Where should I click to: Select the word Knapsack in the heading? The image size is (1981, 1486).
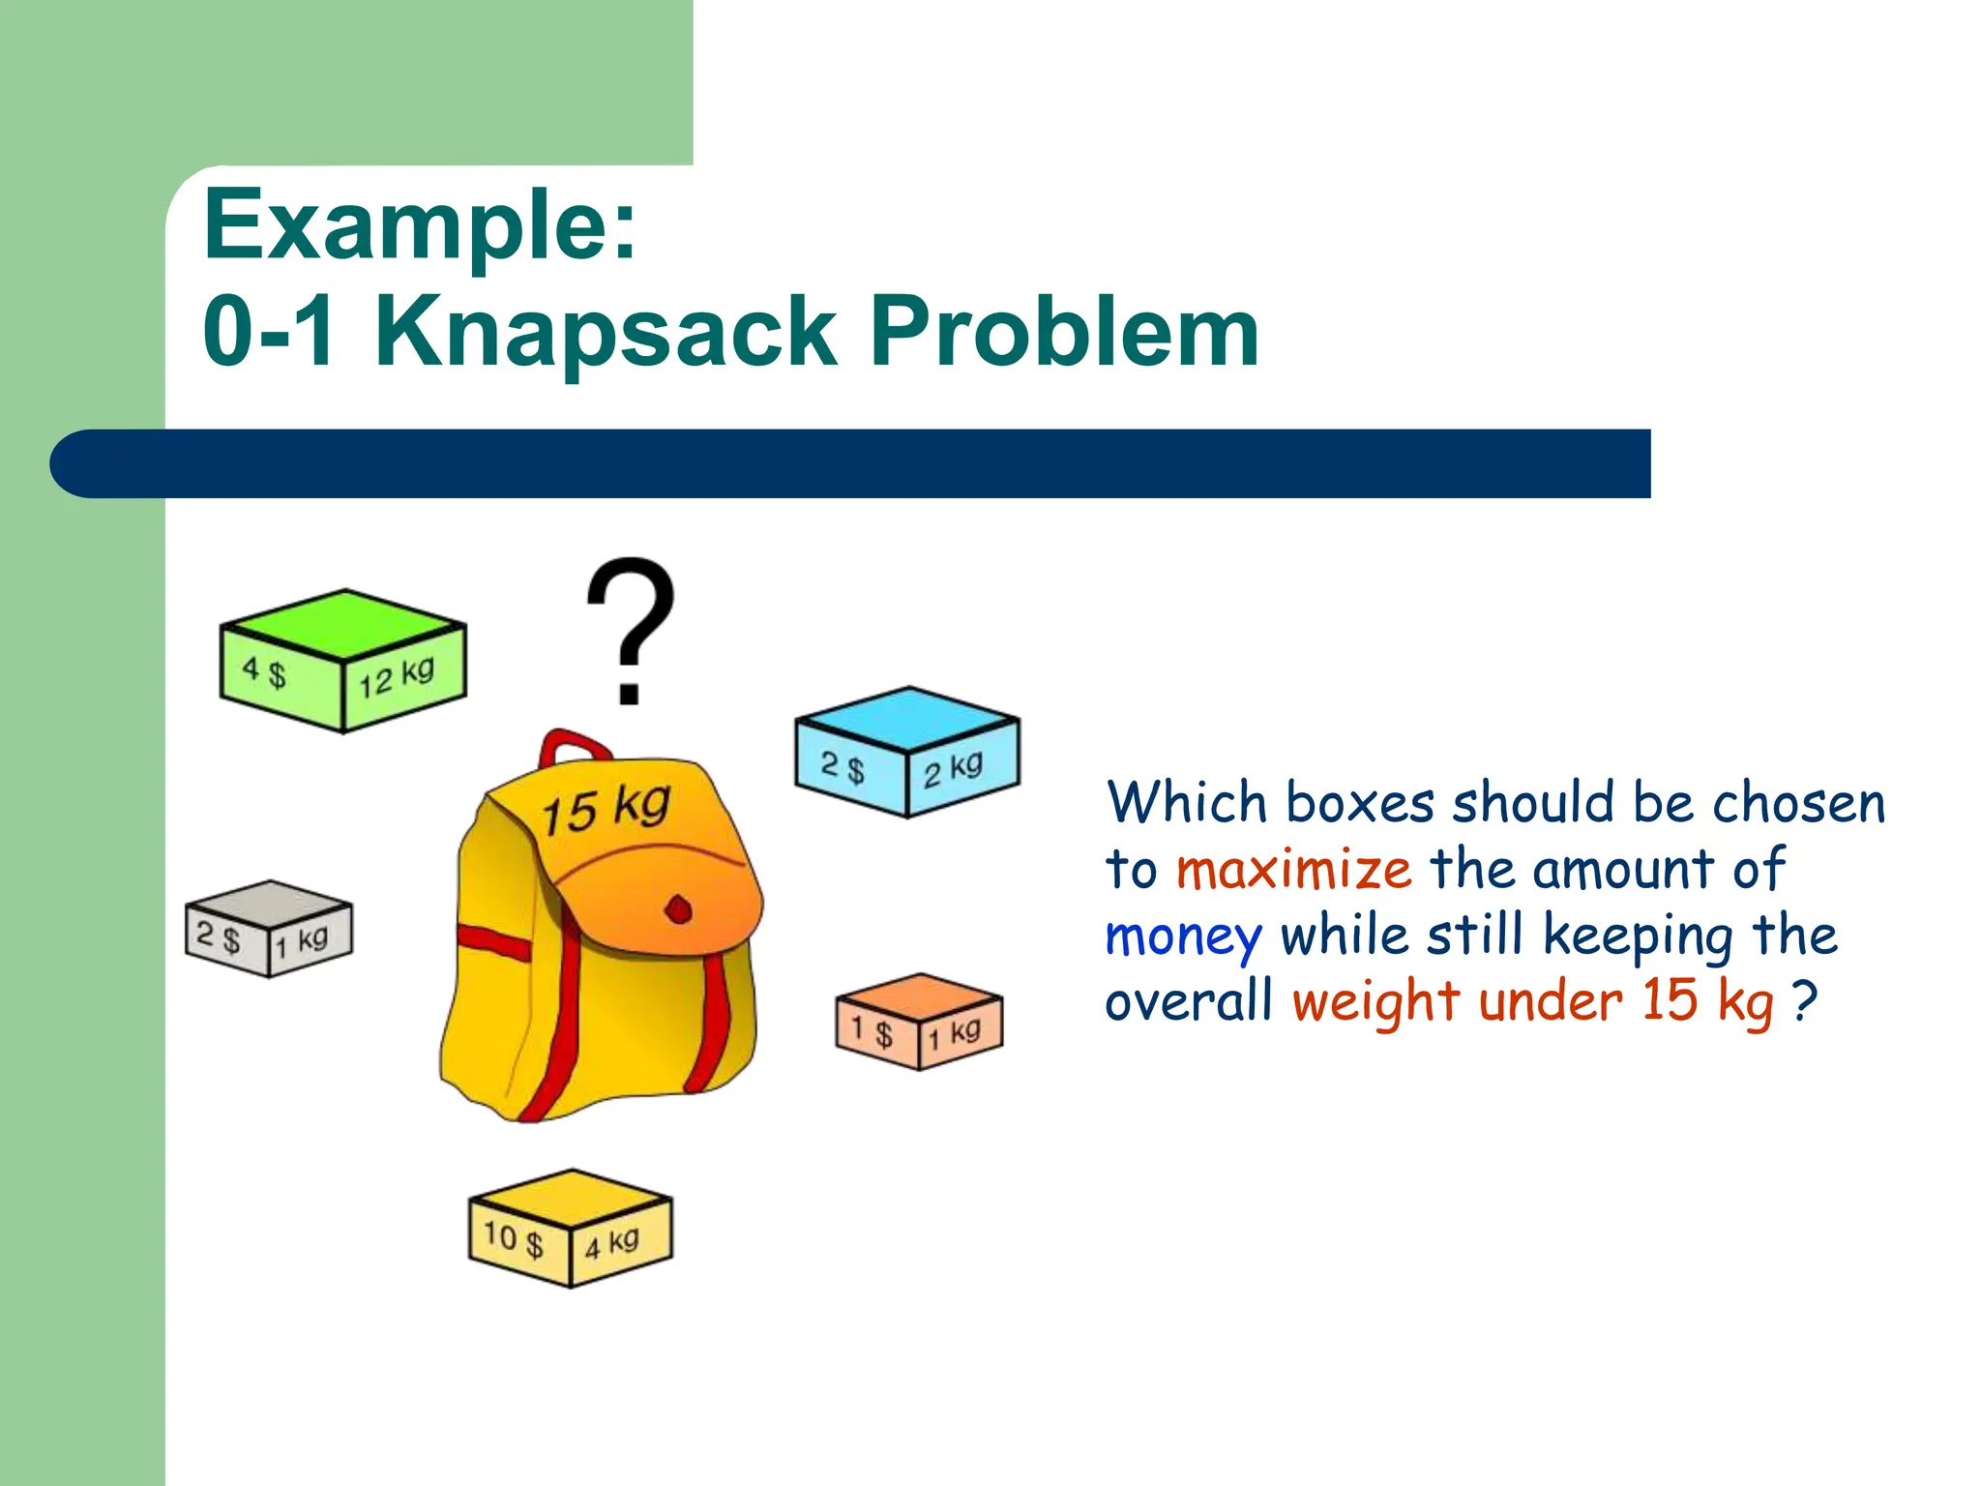pos(606,332)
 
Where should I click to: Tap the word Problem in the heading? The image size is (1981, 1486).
pos(1064,332)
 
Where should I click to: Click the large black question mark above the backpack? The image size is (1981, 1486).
pos(630,629)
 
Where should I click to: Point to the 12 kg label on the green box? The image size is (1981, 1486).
pos(397,677)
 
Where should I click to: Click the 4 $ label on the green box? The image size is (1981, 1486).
pos(264,670)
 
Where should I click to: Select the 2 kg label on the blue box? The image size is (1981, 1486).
pos(953,769)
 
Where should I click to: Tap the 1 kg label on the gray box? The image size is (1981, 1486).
pos(301,940)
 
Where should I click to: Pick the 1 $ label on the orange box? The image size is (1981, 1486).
pos(872,1029)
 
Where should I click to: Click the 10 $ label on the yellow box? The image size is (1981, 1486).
pos(514,1238)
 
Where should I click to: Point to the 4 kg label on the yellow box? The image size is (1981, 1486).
pos(611,1243)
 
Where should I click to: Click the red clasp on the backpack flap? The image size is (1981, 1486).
pos(679,909)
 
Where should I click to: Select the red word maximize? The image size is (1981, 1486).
pos(1293,869)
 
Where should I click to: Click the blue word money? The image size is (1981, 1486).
pos(1183,936)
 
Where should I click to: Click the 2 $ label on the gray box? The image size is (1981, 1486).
pos(219,936)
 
